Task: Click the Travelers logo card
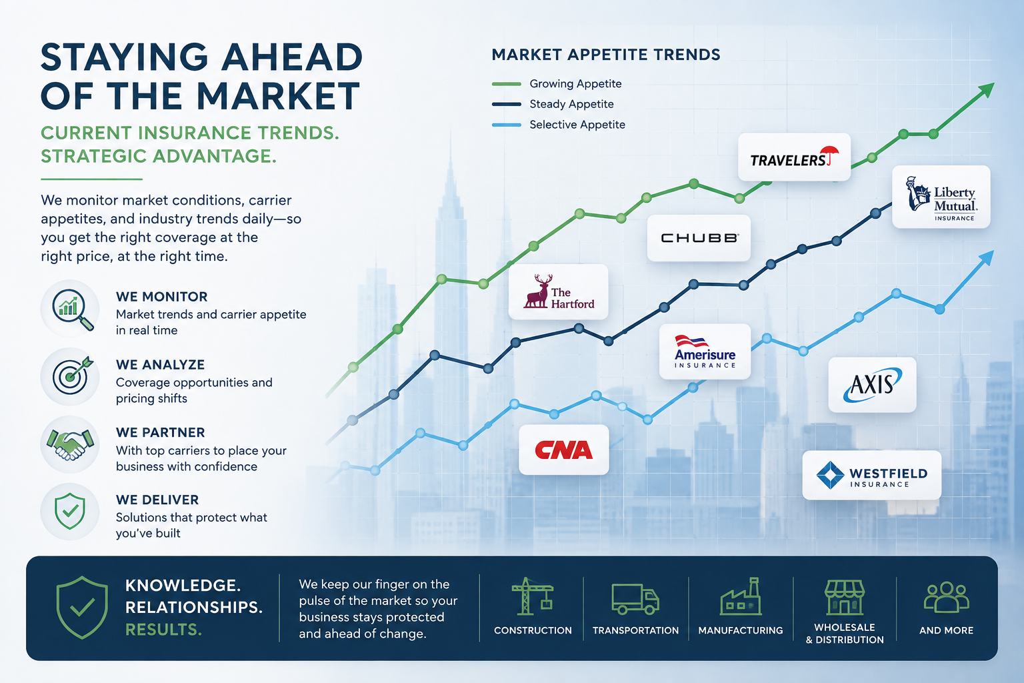794,157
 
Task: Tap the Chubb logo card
699,238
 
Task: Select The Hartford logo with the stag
558,291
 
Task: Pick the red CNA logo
563,450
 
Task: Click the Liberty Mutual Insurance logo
941,197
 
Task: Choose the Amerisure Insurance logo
705,352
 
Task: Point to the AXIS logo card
872,385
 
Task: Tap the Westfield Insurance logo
872,476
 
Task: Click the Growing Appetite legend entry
557,84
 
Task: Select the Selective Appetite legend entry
559,125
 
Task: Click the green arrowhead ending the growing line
985,89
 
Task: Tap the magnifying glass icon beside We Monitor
73,309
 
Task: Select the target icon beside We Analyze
73,376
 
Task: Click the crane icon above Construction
532,596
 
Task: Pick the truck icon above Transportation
635,599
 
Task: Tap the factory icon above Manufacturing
741,596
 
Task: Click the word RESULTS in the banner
163,630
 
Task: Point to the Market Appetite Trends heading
606,55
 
